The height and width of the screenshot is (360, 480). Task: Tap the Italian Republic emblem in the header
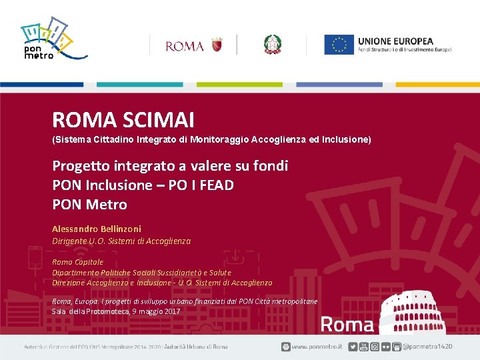coord(273,45)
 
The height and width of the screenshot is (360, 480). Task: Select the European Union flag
coord(339,45)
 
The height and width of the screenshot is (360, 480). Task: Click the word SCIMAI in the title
coord(159,120)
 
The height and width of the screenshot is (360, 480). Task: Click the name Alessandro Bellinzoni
coord(97,229)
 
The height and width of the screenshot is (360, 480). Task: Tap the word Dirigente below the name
coord(70,241)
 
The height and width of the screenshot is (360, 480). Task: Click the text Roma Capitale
coord(78,262)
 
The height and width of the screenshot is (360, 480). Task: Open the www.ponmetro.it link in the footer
coord(317,347)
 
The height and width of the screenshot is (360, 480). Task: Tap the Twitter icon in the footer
coord(353,347)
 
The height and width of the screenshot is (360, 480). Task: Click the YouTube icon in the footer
coord(364,347)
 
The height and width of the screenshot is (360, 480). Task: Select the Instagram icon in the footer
coord(375,347)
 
